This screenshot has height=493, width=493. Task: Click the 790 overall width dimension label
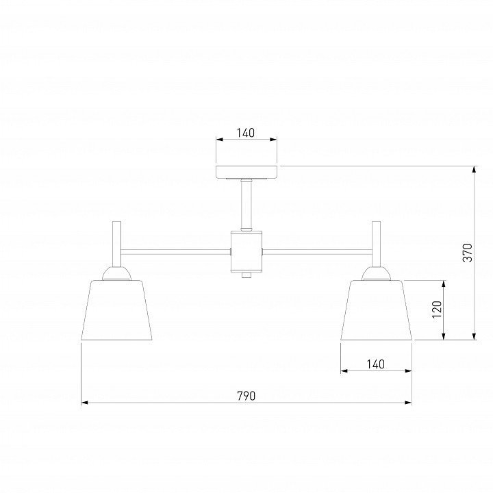pyautogui.click(x=246, y=396)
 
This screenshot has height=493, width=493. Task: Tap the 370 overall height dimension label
pyautogui.click(x=468, y=253)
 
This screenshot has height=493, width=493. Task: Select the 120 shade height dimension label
pyautogui.click(x=437, y=309)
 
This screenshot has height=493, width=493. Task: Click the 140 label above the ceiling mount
pyautogui.click(x=246, y=133)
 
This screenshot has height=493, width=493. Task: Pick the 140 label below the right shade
pyautogui.click(x=376, y=364)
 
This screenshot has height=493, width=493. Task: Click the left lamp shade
pyautogui.click(x=116, y=310)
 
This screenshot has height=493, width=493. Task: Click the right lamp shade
pyautogui.click(x=376, y=310)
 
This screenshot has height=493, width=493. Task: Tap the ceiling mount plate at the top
pyautogui.click(x=246, y=172)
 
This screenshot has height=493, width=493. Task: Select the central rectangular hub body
pyautogui.click(x=246, y=251)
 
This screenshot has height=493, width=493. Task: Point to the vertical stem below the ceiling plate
pyautogui.click(x=246, y=205)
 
